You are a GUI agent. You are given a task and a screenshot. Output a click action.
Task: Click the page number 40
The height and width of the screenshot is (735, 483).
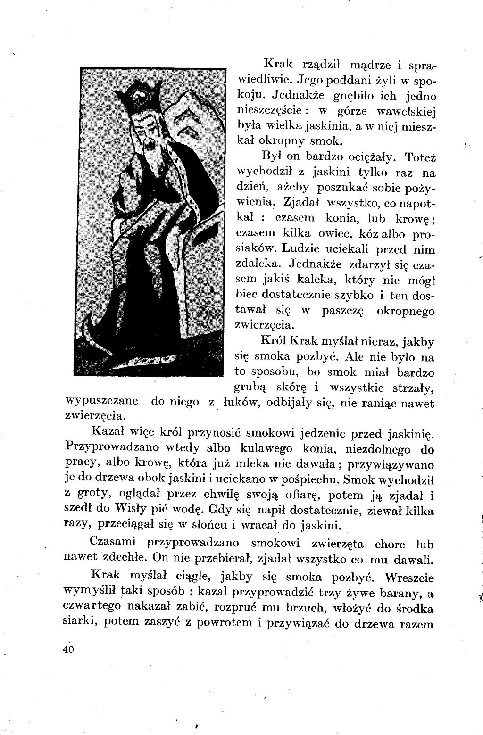coord(68,650)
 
